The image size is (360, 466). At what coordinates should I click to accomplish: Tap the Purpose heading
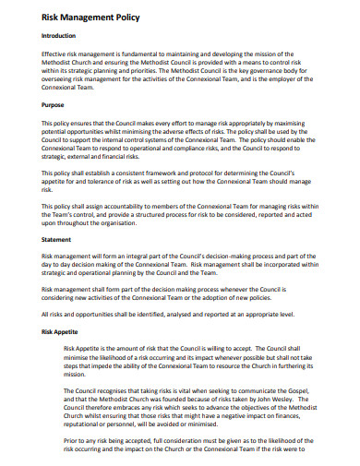tap(54, 104)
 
